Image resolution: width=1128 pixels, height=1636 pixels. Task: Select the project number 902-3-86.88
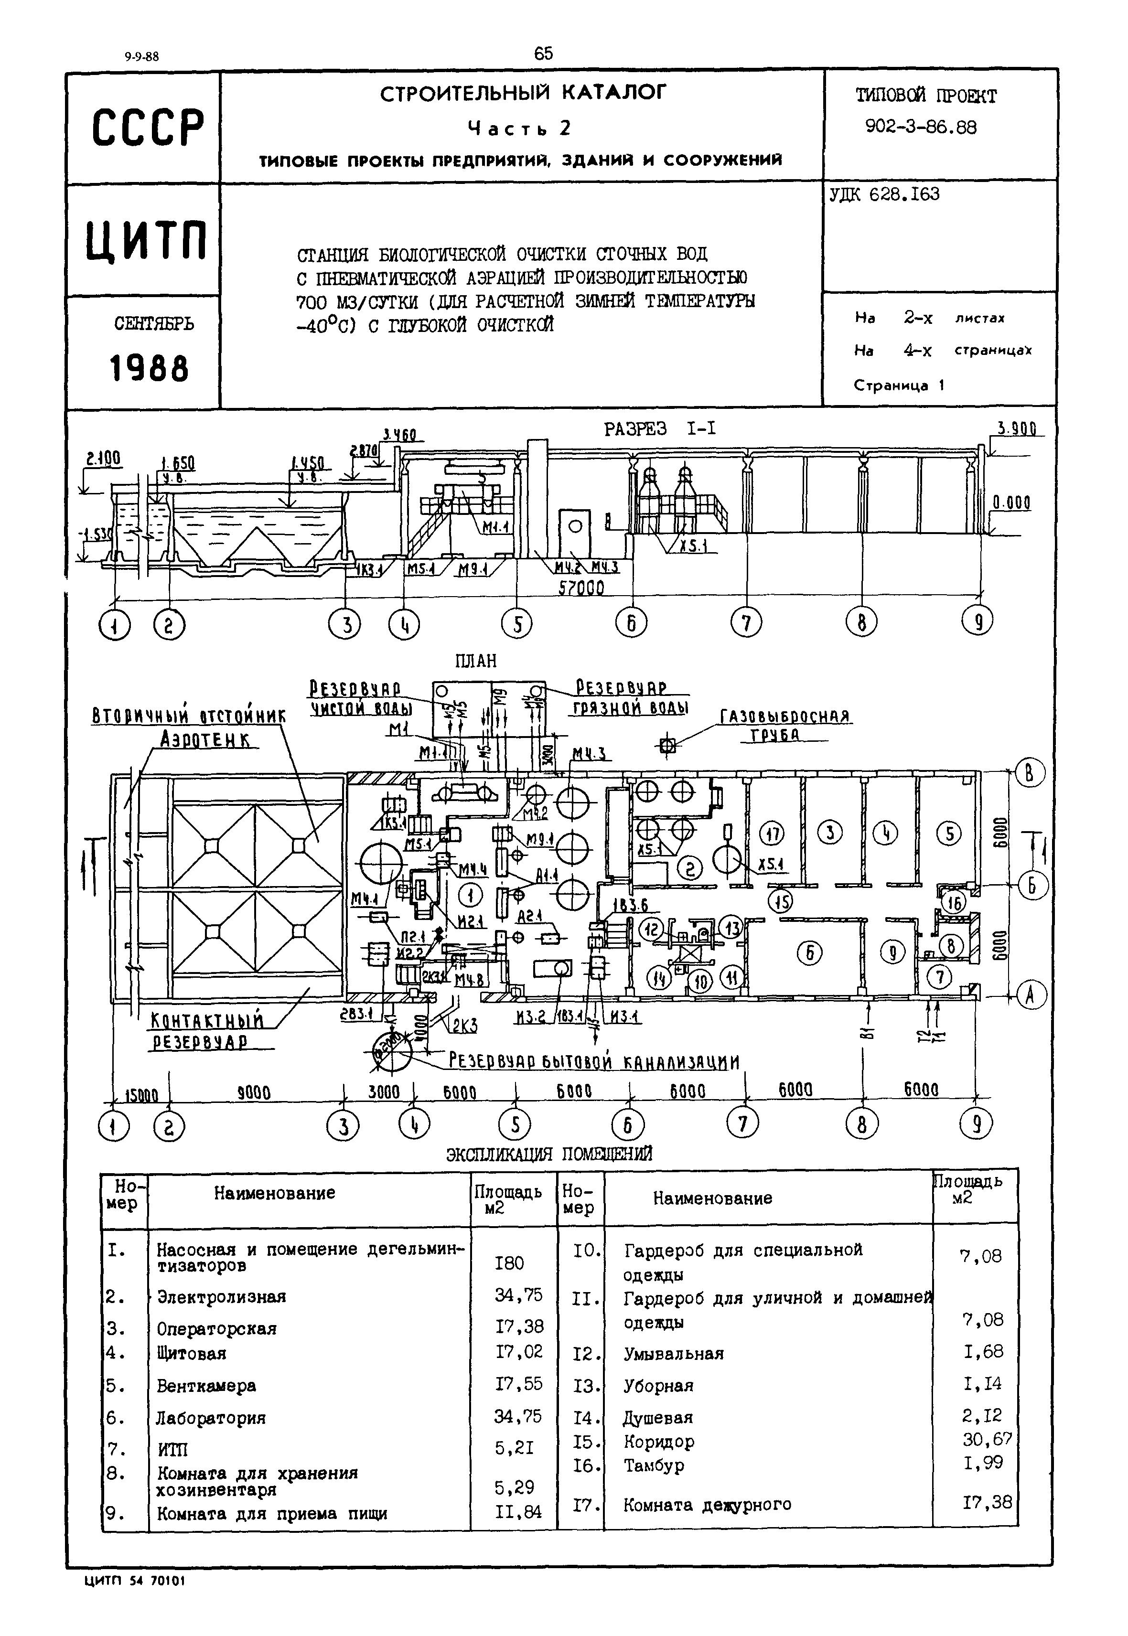921,128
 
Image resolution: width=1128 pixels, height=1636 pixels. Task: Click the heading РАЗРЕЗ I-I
659,429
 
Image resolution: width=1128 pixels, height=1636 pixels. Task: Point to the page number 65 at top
544,53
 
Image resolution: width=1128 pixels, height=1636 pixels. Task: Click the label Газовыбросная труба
784,725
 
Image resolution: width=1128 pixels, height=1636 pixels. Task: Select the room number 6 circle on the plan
810,953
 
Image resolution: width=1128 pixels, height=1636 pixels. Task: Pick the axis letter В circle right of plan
1029,774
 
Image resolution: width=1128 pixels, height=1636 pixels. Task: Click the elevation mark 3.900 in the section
1016,429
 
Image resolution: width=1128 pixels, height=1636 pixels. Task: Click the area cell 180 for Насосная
510,1263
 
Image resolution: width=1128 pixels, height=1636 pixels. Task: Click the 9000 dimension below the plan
254,1093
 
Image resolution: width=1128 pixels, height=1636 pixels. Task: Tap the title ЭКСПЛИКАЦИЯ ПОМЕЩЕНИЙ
548,1155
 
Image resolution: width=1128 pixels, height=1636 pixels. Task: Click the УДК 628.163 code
884,194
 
